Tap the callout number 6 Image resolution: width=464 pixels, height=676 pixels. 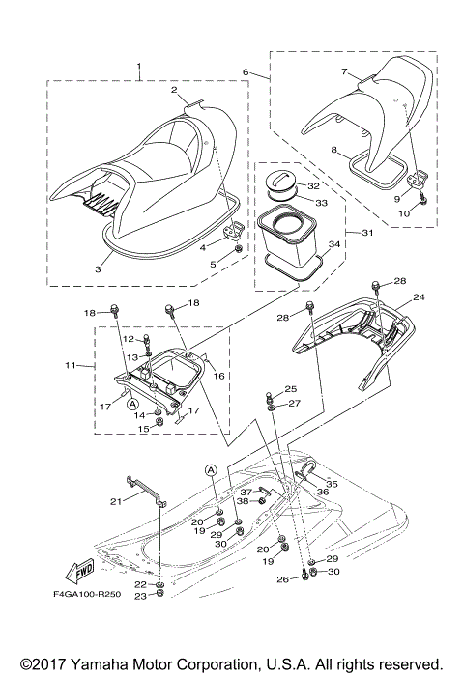click(x=246, y=72)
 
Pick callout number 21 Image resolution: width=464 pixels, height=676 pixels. click(x=116, y=501)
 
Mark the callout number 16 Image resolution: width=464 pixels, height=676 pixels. click(x=219, y=376)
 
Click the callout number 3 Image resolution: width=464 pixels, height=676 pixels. click(x=98, y=269)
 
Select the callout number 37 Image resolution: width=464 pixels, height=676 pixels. click(x=245, y=492)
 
